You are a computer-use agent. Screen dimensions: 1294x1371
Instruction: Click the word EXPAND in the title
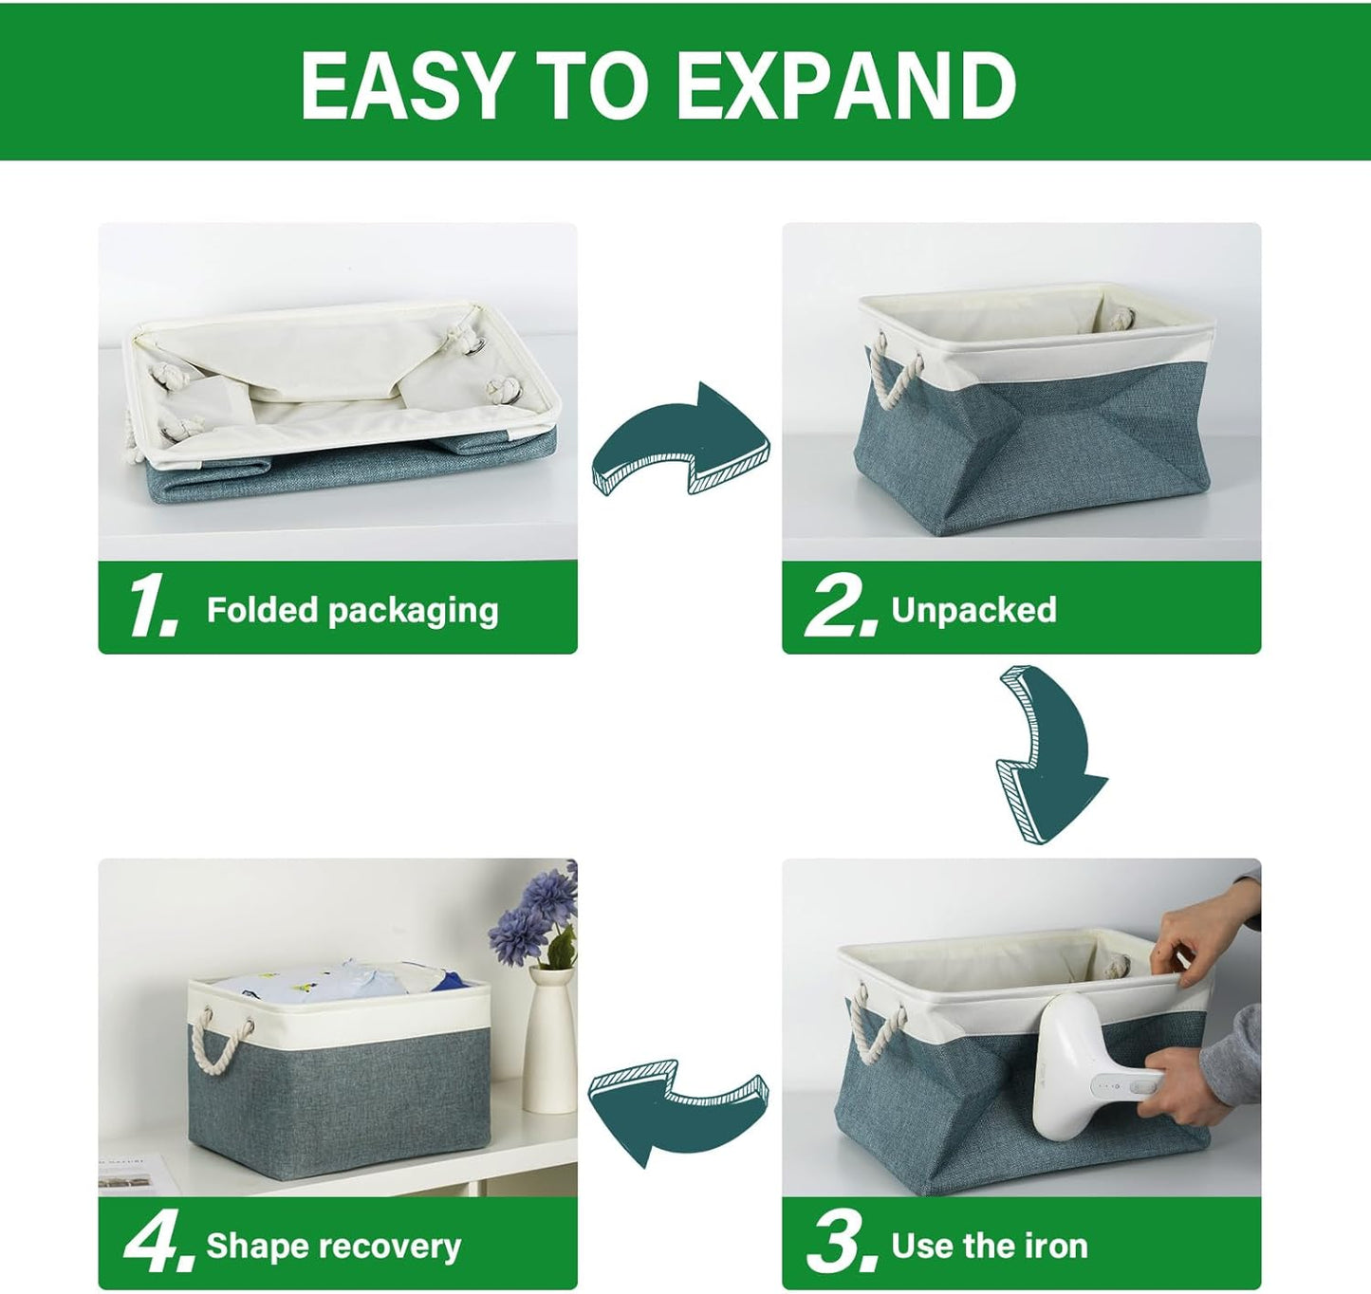[845, 85]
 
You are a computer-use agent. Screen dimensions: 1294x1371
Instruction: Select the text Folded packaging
[352, 610]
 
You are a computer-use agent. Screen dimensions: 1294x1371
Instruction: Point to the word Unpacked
[973, 609]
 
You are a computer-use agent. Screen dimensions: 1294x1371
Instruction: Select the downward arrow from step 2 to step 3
[1049, 754]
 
